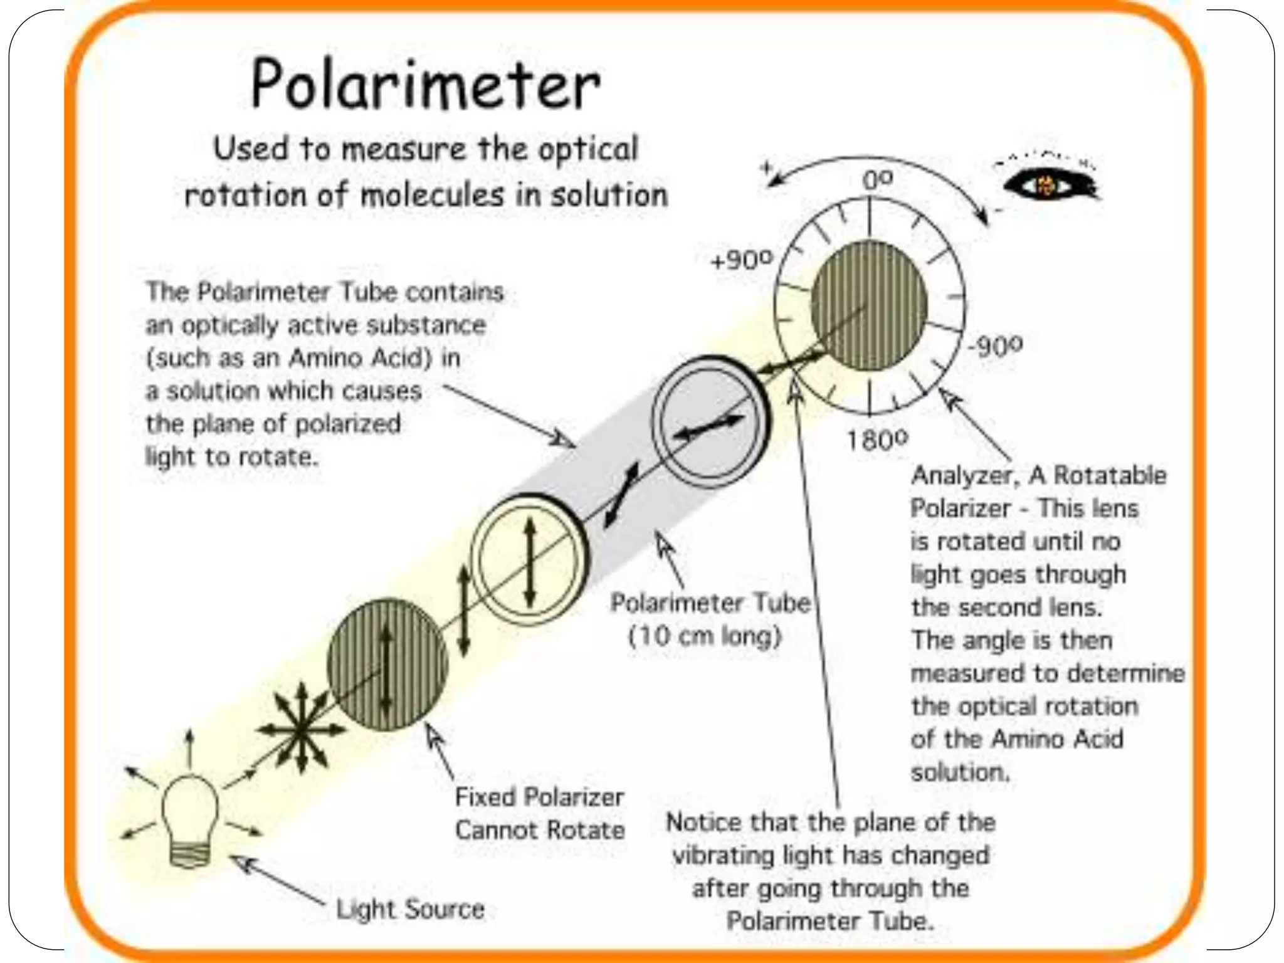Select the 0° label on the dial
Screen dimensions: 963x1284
pos(876,181)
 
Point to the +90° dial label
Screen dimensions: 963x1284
pos(742,260)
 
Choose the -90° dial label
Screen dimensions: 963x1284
pos(995,345)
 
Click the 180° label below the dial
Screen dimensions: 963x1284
pos(877,440)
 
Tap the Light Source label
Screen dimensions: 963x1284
pos(411,909)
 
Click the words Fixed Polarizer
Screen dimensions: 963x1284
pos(539,797)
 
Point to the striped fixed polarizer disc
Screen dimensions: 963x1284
pos(387,665)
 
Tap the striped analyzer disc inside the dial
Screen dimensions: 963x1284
pos(868,305)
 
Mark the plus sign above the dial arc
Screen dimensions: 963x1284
pos(766,167)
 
